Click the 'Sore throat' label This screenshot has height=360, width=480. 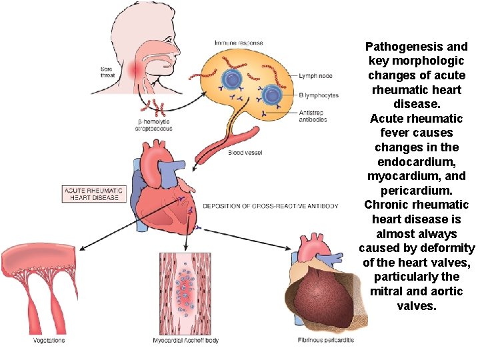pos(107,72)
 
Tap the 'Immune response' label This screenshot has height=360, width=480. pos(238,43)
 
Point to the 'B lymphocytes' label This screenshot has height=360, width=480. pos(319,95)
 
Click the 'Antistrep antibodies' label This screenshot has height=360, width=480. pos(313,115)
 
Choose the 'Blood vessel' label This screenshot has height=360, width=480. pos(245,153)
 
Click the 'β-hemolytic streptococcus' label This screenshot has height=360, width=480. pos(155,125)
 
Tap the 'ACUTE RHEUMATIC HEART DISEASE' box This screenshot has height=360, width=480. pos(93,194)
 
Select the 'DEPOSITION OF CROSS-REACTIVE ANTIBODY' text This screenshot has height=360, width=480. pos(270,206)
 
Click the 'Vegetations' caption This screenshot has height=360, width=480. pos(49,341)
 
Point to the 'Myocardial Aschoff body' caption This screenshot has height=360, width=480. pos(185,341)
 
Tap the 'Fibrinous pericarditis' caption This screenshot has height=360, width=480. pos(326,341)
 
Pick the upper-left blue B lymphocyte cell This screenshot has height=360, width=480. pos(231,79)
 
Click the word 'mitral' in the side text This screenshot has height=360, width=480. pos(386,291)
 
